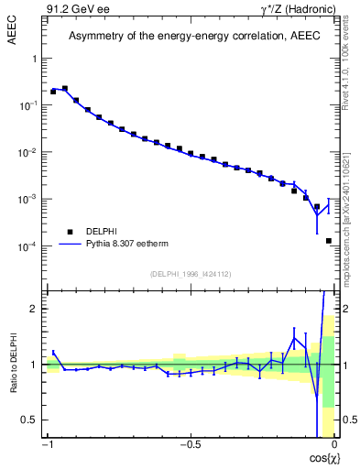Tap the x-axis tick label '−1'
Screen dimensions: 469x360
point(49,446)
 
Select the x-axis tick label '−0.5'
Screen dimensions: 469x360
point(190,446)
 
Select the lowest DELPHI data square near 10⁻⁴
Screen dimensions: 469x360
point(328,241)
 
